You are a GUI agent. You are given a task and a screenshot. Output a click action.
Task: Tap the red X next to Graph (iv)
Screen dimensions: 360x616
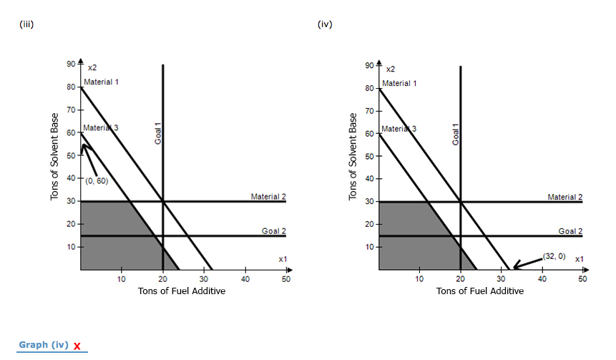[x=77, y=347]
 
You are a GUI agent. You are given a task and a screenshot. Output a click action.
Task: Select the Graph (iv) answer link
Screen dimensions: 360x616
[x=44, y=345]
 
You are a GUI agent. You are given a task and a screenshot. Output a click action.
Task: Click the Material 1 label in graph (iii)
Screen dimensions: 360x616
[x=101, y=82]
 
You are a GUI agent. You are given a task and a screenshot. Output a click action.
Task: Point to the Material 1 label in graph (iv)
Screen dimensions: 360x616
[x=399, y=84]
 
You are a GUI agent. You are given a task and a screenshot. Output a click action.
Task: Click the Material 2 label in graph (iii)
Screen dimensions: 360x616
[x=268, y=196]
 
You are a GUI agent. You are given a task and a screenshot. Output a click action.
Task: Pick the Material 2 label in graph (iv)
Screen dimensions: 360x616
[x=565, y=196]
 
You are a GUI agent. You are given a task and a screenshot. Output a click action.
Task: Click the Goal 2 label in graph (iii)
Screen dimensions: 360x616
[x=273, y=230]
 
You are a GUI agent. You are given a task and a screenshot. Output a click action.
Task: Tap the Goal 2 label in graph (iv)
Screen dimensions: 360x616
[x=570, y=230]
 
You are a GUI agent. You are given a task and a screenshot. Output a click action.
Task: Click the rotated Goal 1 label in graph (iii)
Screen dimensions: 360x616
[x=158, y=134]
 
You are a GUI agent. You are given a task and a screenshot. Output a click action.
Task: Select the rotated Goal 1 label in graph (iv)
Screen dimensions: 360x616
[x=455, y=134]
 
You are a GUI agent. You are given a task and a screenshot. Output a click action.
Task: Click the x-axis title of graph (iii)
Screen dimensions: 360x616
[x=182, y=291]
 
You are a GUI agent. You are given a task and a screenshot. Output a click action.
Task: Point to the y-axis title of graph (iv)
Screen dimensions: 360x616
[x=353, y=157]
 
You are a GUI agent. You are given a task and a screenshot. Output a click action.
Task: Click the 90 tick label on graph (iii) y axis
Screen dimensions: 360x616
[x=70, y=65]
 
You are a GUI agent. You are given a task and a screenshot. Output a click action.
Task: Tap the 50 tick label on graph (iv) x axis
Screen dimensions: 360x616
[x=583, y=279]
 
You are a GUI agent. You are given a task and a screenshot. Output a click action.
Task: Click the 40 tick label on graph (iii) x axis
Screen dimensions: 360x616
[x=245, y=279]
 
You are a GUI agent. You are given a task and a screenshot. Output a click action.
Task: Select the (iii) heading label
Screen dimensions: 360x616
[x=26, y=24]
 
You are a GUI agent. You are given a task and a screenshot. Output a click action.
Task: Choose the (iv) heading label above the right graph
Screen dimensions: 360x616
[x=324, y=24]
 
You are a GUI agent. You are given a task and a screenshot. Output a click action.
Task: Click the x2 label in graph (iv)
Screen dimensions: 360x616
[x=390, y=69]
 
